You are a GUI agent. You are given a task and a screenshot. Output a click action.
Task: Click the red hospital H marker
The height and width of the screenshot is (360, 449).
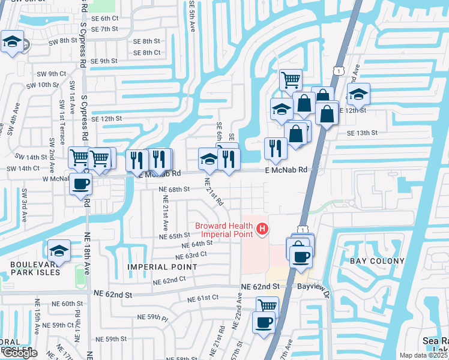coord(262,229)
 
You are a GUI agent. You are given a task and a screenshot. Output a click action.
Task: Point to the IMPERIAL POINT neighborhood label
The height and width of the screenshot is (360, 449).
coord(153,266)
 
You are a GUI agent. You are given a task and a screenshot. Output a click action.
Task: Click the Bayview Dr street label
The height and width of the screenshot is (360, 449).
coord(313,287)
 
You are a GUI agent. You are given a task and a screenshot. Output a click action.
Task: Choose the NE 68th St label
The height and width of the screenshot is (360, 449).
coord(174,189)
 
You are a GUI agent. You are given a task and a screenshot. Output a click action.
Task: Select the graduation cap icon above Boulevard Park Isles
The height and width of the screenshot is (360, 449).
coord(59,250)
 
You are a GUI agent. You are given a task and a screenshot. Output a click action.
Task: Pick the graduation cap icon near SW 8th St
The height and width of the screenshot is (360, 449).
coord(12,43)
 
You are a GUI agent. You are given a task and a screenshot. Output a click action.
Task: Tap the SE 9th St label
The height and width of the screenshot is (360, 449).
coord(104,61)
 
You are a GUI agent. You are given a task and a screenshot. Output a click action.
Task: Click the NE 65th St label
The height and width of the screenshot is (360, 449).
coord(175,236)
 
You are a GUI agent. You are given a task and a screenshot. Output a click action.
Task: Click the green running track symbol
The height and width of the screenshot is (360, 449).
coord(79,275)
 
